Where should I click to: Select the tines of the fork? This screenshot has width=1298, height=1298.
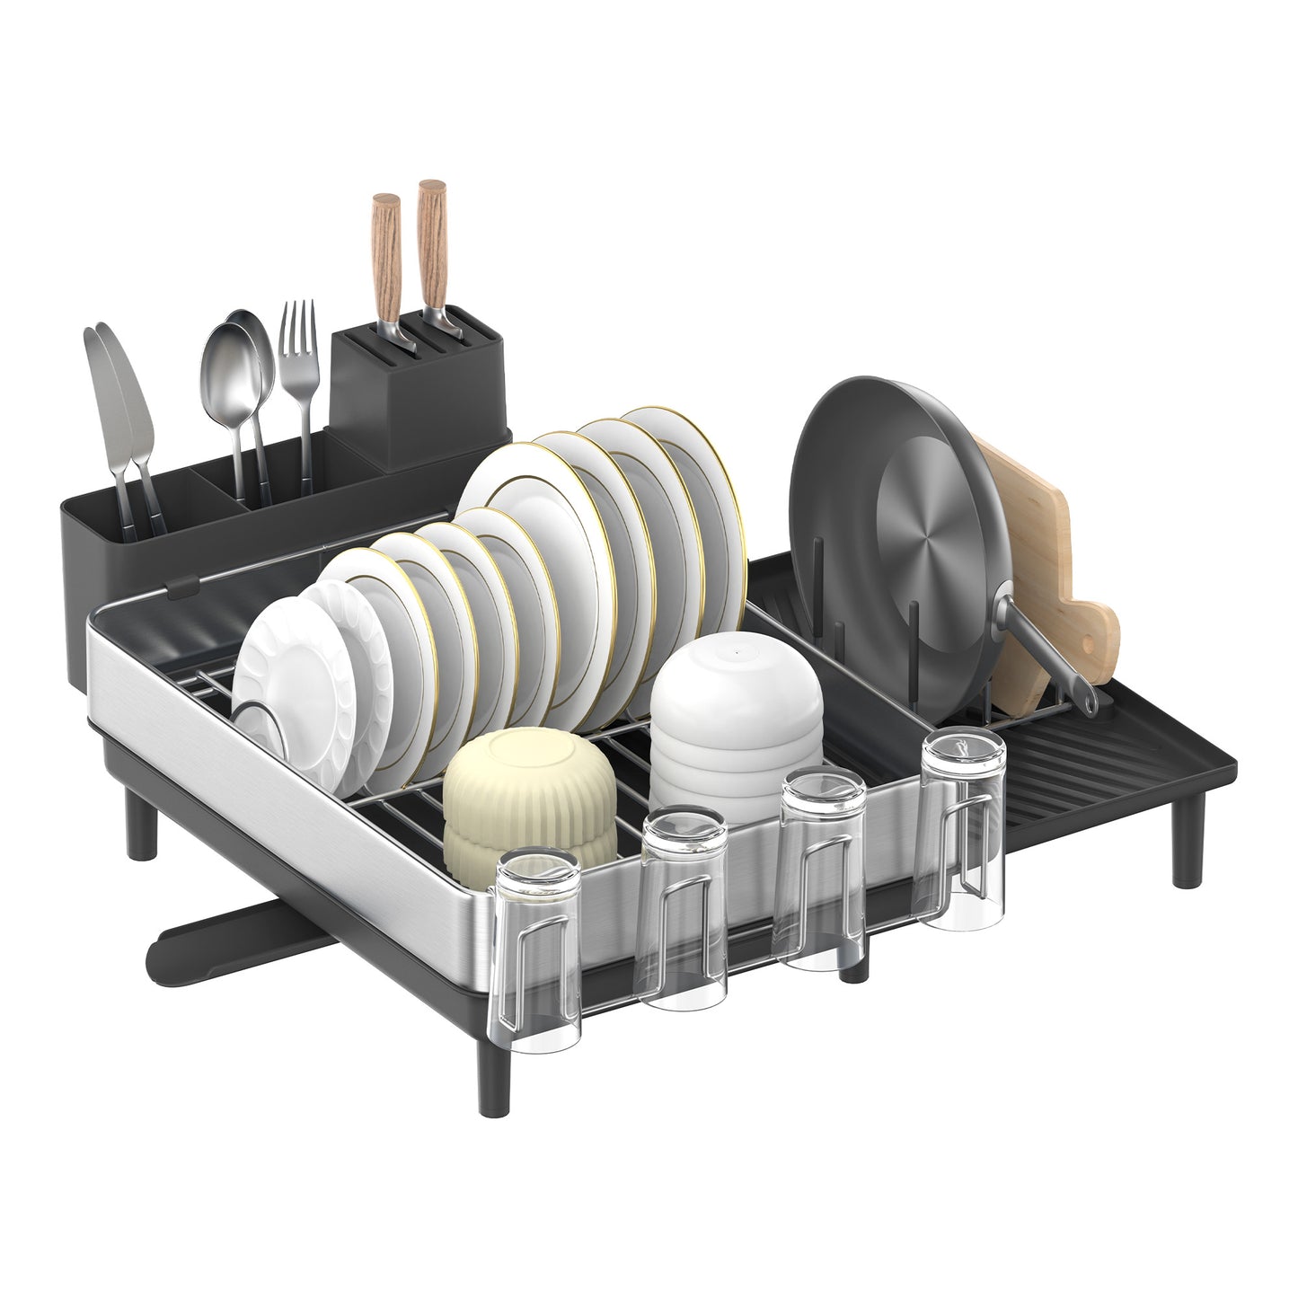point(298,328)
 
